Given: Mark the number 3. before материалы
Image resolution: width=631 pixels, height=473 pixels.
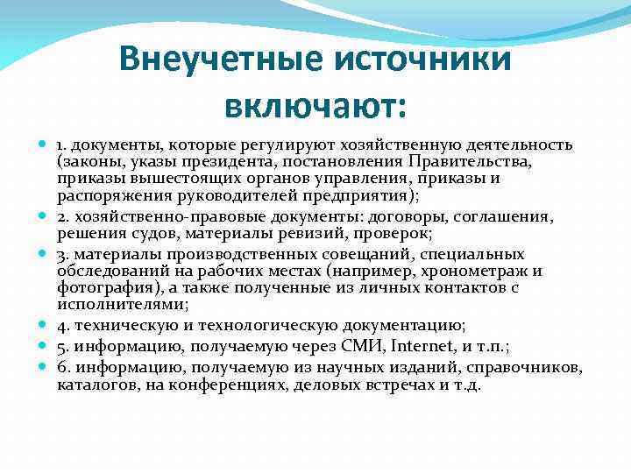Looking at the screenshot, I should tap(63, 254).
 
